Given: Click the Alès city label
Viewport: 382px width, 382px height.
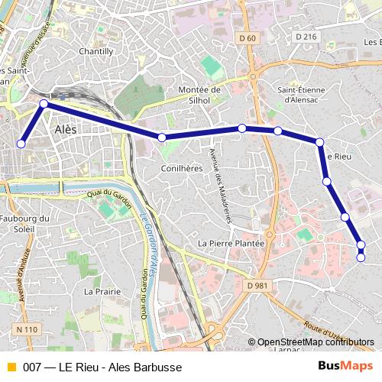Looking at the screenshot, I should (x=66, y=131).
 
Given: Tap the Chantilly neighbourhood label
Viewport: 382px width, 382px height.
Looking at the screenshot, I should (x=96, y=51).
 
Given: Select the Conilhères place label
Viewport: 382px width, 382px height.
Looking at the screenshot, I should (x=181, y=168).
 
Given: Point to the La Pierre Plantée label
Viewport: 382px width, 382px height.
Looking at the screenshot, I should (x=231, y=243).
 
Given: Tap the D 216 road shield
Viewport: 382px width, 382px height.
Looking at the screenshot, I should (x=305, y=36).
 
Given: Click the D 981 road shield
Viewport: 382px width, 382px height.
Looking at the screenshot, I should (x=258, y=285).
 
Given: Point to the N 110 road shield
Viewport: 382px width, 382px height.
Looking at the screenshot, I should (x=24, y=329).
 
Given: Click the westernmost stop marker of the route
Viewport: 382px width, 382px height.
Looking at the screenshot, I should (x=21, y=144).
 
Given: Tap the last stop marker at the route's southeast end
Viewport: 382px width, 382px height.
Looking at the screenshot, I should (x=361, y=258).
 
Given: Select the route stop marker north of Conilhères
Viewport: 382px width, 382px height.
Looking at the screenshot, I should (x=162, y=138).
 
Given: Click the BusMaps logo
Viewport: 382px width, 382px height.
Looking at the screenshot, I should (x=345, y=367).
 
